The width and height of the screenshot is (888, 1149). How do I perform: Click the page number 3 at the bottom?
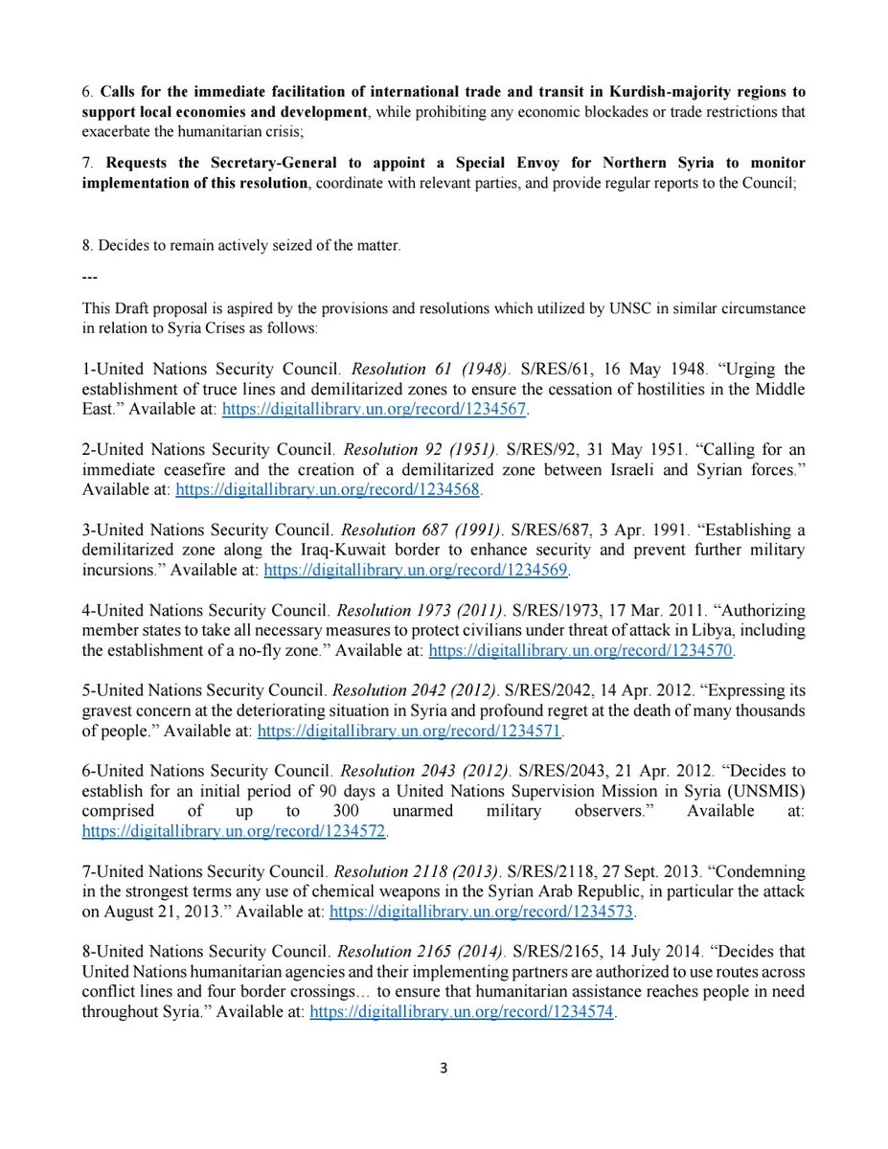click(444, 1067)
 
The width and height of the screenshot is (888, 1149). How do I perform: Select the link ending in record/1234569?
click(417, 571)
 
